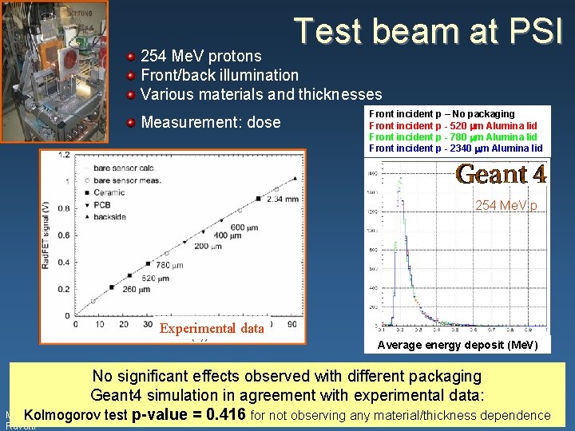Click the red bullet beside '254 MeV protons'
tap(131, 57)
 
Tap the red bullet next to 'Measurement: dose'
tap(131, 123)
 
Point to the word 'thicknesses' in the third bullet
tap(339, 94)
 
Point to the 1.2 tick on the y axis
tap(61, 155)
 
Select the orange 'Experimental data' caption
tap(211, 328)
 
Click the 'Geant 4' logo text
tap(500, 174)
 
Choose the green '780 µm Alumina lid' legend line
tap(453, 136)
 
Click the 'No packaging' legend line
tap(442, 114)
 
